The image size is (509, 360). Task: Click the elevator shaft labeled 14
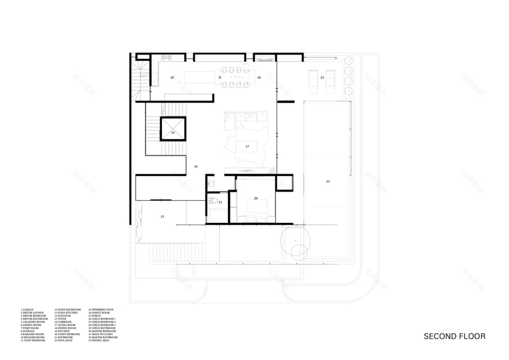pyautogui.click(x=172, y=132)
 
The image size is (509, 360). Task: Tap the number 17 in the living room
pyautogui.click(x=247, y=146)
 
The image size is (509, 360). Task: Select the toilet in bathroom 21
pyautogui.click(x=215, y=202)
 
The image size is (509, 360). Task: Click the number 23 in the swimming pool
pyautogui.click(x=327, y=182)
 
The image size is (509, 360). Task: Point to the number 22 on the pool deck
pyautogui.click(x=322, y=77)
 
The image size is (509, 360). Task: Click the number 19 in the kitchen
pyautogui.click(x=172, y=77)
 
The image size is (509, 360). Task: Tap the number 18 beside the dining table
pyautogui.click(x=259, y=77)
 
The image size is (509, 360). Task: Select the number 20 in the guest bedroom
pyautogui.click(x=255, y=199)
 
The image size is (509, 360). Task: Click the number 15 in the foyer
pyautogui.click(x=163, y=216)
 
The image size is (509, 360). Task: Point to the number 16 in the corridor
pyautogui.click(x=196, y=167)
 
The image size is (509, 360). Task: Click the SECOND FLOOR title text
pyautogui.click(x=454, y=336)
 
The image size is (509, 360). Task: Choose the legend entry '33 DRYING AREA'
pyautogui.click(x=101, y=341)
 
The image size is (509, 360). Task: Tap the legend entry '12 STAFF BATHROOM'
pyautogui.click(x=68, y=310)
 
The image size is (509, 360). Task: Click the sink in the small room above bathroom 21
pyautogui.click(x=211, y=183)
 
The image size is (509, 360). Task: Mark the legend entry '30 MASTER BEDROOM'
pyautogui.click(x=102, y=332)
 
